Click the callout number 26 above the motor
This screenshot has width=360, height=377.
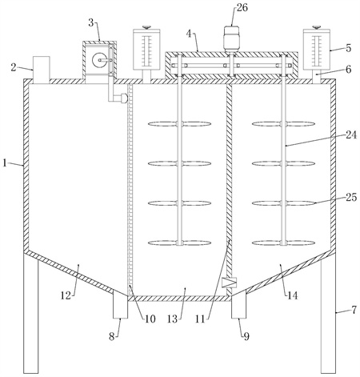click(x=242, y=7)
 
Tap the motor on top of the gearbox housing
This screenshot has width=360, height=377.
click(x=231, y=38)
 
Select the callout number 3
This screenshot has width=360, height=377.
click(x=91, y=23)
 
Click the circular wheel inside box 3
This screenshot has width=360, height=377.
click(x=98, y=60)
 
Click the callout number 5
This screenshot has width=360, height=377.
click(x=349, y=48)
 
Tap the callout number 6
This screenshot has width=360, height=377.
click(x=349, y=70)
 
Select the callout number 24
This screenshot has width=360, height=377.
click(x=351, y=134)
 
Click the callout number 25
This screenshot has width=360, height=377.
click(x=351, y=197)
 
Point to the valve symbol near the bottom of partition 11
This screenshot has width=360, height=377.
click(x=229, y=283)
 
